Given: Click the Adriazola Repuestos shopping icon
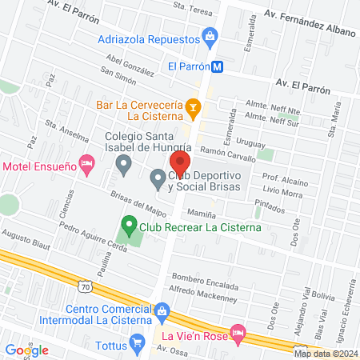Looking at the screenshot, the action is (x=210, y=35).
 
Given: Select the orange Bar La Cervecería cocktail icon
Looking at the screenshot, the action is (x=192, y=106).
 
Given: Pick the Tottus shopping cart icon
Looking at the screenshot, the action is (x=138, y=345).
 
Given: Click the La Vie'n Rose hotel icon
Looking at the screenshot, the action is (x=237, y=330).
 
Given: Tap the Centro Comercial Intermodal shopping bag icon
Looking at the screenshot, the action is (x=162, y=308).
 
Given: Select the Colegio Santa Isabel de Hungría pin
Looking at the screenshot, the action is (x=123, y=166).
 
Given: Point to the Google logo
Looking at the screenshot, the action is (x=27, y=350).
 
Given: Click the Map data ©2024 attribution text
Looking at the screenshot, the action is (x=325, y=354).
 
